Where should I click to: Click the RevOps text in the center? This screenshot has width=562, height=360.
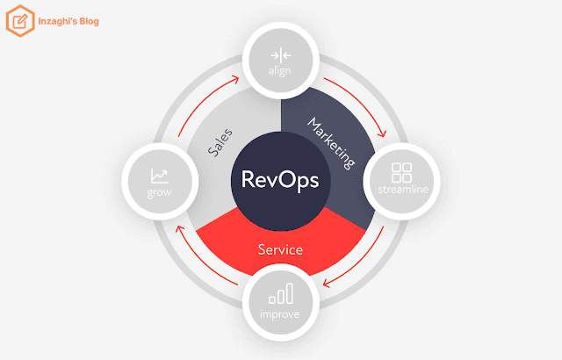tap(280, 180)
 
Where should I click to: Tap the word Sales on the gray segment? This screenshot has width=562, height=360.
tap(220, 143)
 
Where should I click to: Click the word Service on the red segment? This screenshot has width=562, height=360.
tap(280, 249)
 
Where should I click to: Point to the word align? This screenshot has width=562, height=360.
tap(280, 70)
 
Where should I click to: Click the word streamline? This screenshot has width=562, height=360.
tap(403, 189)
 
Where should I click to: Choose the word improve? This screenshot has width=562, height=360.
tap(279, 314)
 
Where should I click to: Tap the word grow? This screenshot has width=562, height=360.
tap(160, 192)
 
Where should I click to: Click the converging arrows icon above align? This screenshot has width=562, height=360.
tap(281, 55)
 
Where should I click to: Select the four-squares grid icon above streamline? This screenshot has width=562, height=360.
tap(402, 173)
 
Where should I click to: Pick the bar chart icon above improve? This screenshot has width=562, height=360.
tap(281, 294)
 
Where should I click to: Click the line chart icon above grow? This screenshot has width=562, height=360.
tap(160, 176)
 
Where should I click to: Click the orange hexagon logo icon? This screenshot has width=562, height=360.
tap(20, 21)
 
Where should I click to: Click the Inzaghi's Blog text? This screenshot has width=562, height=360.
tap(68, 21)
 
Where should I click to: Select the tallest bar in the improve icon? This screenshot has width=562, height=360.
tap(290, 293)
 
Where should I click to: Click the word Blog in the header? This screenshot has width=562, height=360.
tap(90, 21)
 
